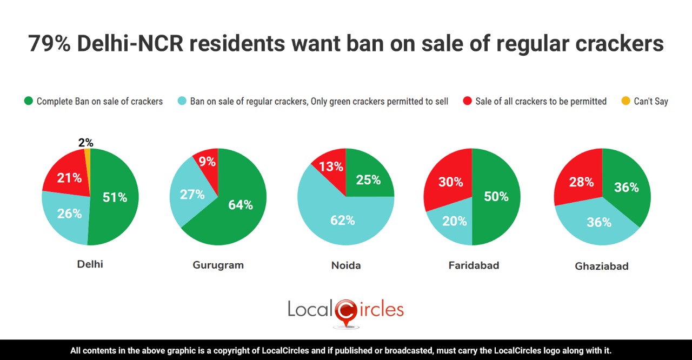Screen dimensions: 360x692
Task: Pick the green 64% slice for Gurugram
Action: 238,208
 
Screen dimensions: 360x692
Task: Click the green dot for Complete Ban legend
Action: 29,101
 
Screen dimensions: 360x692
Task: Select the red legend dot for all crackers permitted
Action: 468,101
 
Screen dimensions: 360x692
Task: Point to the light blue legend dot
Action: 182,101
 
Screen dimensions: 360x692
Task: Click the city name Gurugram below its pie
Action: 218,265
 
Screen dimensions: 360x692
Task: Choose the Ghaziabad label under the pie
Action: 602,266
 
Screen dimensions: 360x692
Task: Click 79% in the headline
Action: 49,44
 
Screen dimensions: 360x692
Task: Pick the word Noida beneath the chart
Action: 346,265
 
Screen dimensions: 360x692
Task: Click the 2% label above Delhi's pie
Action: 85,143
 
